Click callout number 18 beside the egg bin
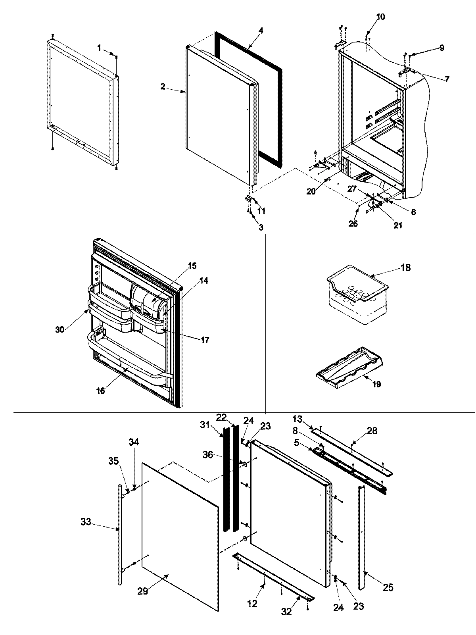tap(405, 267)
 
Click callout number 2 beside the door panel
tap(163, 87)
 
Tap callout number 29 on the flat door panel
tap(143, 602)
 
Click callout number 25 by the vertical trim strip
tap(388, 587)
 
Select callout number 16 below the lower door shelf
tap(101, 391)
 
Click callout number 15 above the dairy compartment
tap(192, 266)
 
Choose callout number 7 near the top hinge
tap(447, 79)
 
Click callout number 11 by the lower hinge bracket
tap(261, 211)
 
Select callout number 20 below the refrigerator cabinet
tap(311, 191)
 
